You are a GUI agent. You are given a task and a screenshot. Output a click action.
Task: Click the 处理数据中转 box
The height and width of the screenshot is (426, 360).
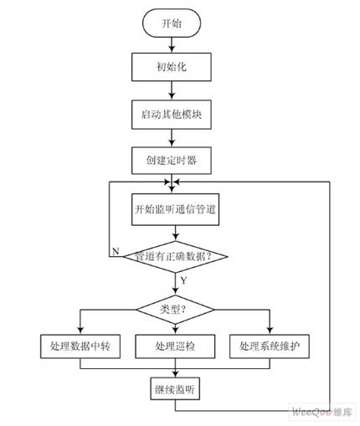(x=80, y=346)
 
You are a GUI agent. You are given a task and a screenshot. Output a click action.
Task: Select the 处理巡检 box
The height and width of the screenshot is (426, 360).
(x=176, y=346)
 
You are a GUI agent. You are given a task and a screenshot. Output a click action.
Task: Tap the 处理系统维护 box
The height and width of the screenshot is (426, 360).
(x=270, y=346)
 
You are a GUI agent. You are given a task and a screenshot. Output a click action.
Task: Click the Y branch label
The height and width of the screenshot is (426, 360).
(x=183, y=280)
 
